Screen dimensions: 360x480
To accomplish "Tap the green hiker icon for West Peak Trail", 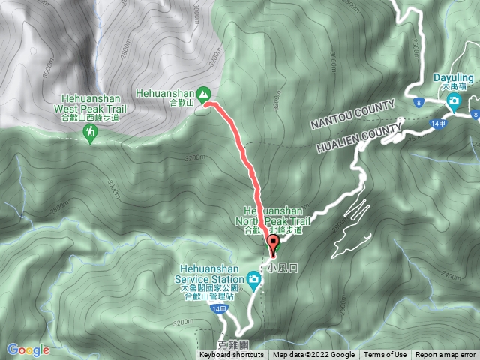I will click(x=90, y=132).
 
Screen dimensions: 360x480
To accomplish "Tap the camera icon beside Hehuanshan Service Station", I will click(x=254, y=281).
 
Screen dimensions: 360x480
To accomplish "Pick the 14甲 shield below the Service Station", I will click(x=217, y=309).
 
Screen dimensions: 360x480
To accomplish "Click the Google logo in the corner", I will click(x=28, y=349).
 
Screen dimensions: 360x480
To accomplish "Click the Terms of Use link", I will click(x=385, y=355).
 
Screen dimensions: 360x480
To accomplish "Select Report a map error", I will click(x=445, y=355).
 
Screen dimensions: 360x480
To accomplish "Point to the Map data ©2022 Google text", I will click(x=313, y=355).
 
